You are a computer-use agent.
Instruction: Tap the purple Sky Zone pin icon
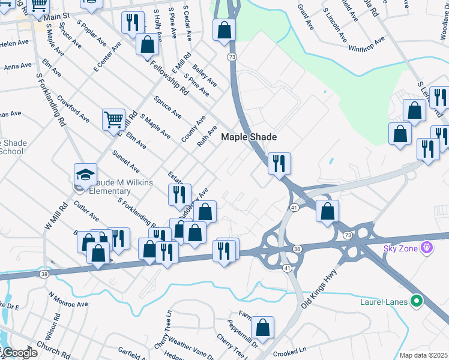(x=427, y=247)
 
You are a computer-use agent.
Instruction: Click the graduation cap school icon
(x=85, y=175)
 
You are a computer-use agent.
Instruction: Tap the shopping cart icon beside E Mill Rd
(x=113, y=119)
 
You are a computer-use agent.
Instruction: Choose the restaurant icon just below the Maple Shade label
(x=279, y=163)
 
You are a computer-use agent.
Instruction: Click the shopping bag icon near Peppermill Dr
(x=262, y=328)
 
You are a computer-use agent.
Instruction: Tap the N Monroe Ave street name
(x=68, y=300)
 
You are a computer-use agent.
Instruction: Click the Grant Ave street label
(x=306, y=19)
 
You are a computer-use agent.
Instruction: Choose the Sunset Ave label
(x=126, y=161)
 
